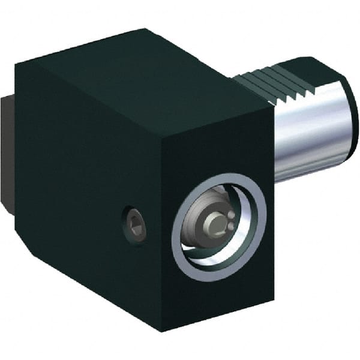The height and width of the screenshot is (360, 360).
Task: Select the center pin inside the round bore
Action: click(214, 224)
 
